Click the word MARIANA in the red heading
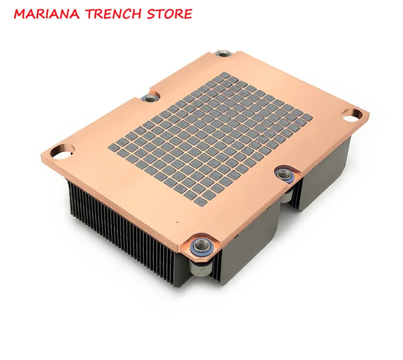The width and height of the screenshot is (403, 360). click(x=47, y=14)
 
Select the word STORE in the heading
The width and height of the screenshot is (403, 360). click(x=170, y=14)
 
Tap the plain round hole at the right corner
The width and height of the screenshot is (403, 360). click(x=354, y=115)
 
